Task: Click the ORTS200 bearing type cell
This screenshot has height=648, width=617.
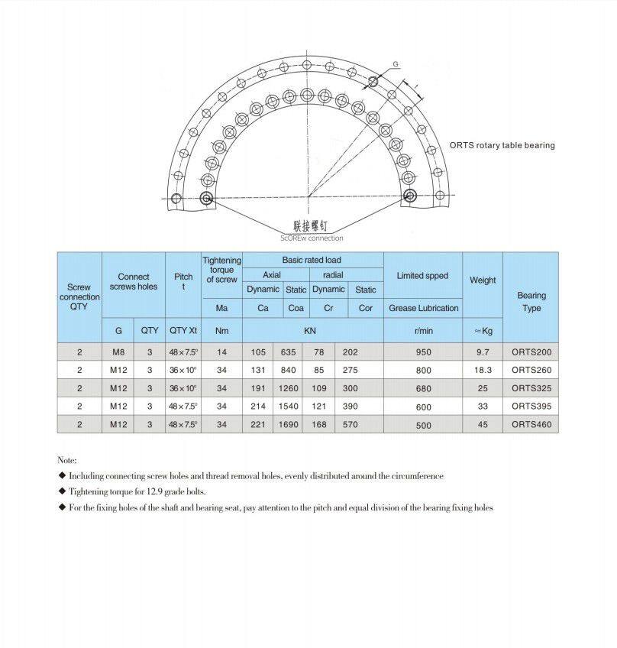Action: (531, 352)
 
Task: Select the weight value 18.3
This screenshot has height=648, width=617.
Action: (483, 370)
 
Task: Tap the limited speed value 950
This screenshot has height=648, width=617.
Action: (423, 352)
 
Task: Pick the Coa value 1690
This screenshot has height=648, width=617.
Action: (289, 424)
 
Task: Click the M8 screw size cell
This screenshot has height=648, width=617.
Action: (118, 352)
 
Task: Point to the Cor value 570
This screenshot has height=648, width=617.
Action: (350, 424)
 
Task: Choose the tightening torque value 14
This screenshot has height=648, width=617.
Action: (221, 352)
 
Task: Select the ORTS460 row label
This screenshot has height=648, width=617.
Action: (531, 424)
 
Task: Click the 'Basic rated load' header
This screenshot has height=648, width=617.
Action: (312, 261)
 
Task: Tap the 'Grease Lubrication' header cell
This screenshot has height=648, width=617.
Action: (423, 308)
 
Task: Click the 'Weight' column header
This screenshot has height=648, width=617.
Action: (483, 280)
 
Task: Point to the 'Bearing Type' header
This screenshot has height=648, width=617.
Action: (531, 301)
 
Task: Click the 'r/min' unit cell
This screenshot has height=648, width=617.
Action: (423, 331)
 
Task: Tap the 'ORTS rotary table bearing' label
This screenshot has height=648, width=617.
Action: (502, 145)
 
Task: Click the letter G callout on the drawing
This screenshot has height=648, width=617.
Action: (395, 64)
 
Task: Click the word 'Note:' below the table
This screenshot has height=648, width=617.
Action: (67, 460)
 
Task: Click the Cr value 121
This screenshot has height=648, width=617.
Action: (319, 406)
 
